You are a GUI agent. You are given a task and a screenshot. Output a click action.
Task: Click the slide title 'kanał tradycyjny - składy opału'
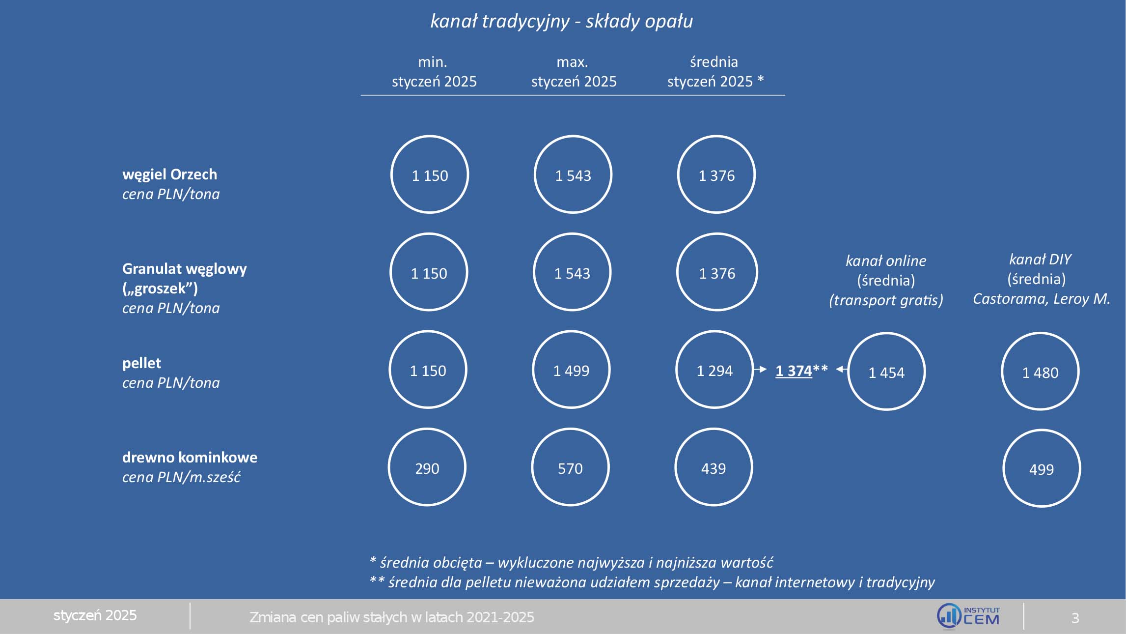click(561, 21)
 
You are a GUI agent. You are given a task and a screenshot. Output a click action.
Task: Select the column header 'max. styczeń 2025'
click(573, 72)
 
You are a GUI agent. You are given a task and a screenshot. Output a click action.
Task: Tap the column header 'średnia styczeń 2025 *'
click(715, 72)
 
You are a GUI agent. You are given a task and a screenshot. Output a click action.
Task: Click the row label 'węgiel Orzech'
click(169, 174)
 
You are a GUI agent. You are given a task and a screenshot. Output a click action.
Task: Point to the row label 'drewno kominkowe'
click(190, 458)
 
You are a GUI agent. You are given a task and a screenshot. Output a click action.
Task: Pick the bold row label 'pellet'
click(141, 363)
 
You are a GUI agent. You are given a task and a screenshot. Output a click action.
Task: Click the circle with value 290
click(427, 467)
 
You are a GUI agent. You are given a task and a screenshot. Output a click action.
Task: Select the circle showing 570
click(570, 467)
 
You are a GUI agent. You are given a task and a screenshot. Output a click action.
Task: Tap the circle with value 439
click(714, 467)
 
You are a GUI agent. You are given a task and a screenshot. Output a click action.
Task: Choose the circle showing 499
click(1041, 468)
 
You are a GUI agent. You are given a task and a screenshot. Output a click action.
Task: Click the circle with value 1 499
click(571, 370)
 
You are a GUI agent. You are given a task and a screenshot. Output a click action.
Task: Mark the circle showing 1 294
click(714, 370)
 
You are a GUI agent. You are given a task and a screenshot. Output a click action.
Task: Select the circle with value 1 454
click(886, 372)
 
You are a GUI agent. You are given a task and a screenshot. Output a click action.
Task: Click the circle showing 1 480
click(1040, 372)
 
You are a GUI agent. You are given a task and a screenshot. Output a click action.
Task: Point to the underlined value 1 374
click(794, 371)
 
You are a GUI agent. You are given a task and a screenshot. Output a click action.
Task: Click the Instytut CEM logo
click(967, 616)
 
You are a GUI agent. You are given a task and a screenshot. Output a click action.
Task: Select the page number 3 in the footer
click(1075, 618)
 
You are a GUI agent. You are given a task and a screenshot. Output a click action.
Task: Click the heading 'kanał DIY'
click(1040, 259)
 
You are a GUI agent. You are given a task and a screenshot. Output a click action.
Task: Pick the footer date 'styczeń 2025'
click(95, 615)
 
